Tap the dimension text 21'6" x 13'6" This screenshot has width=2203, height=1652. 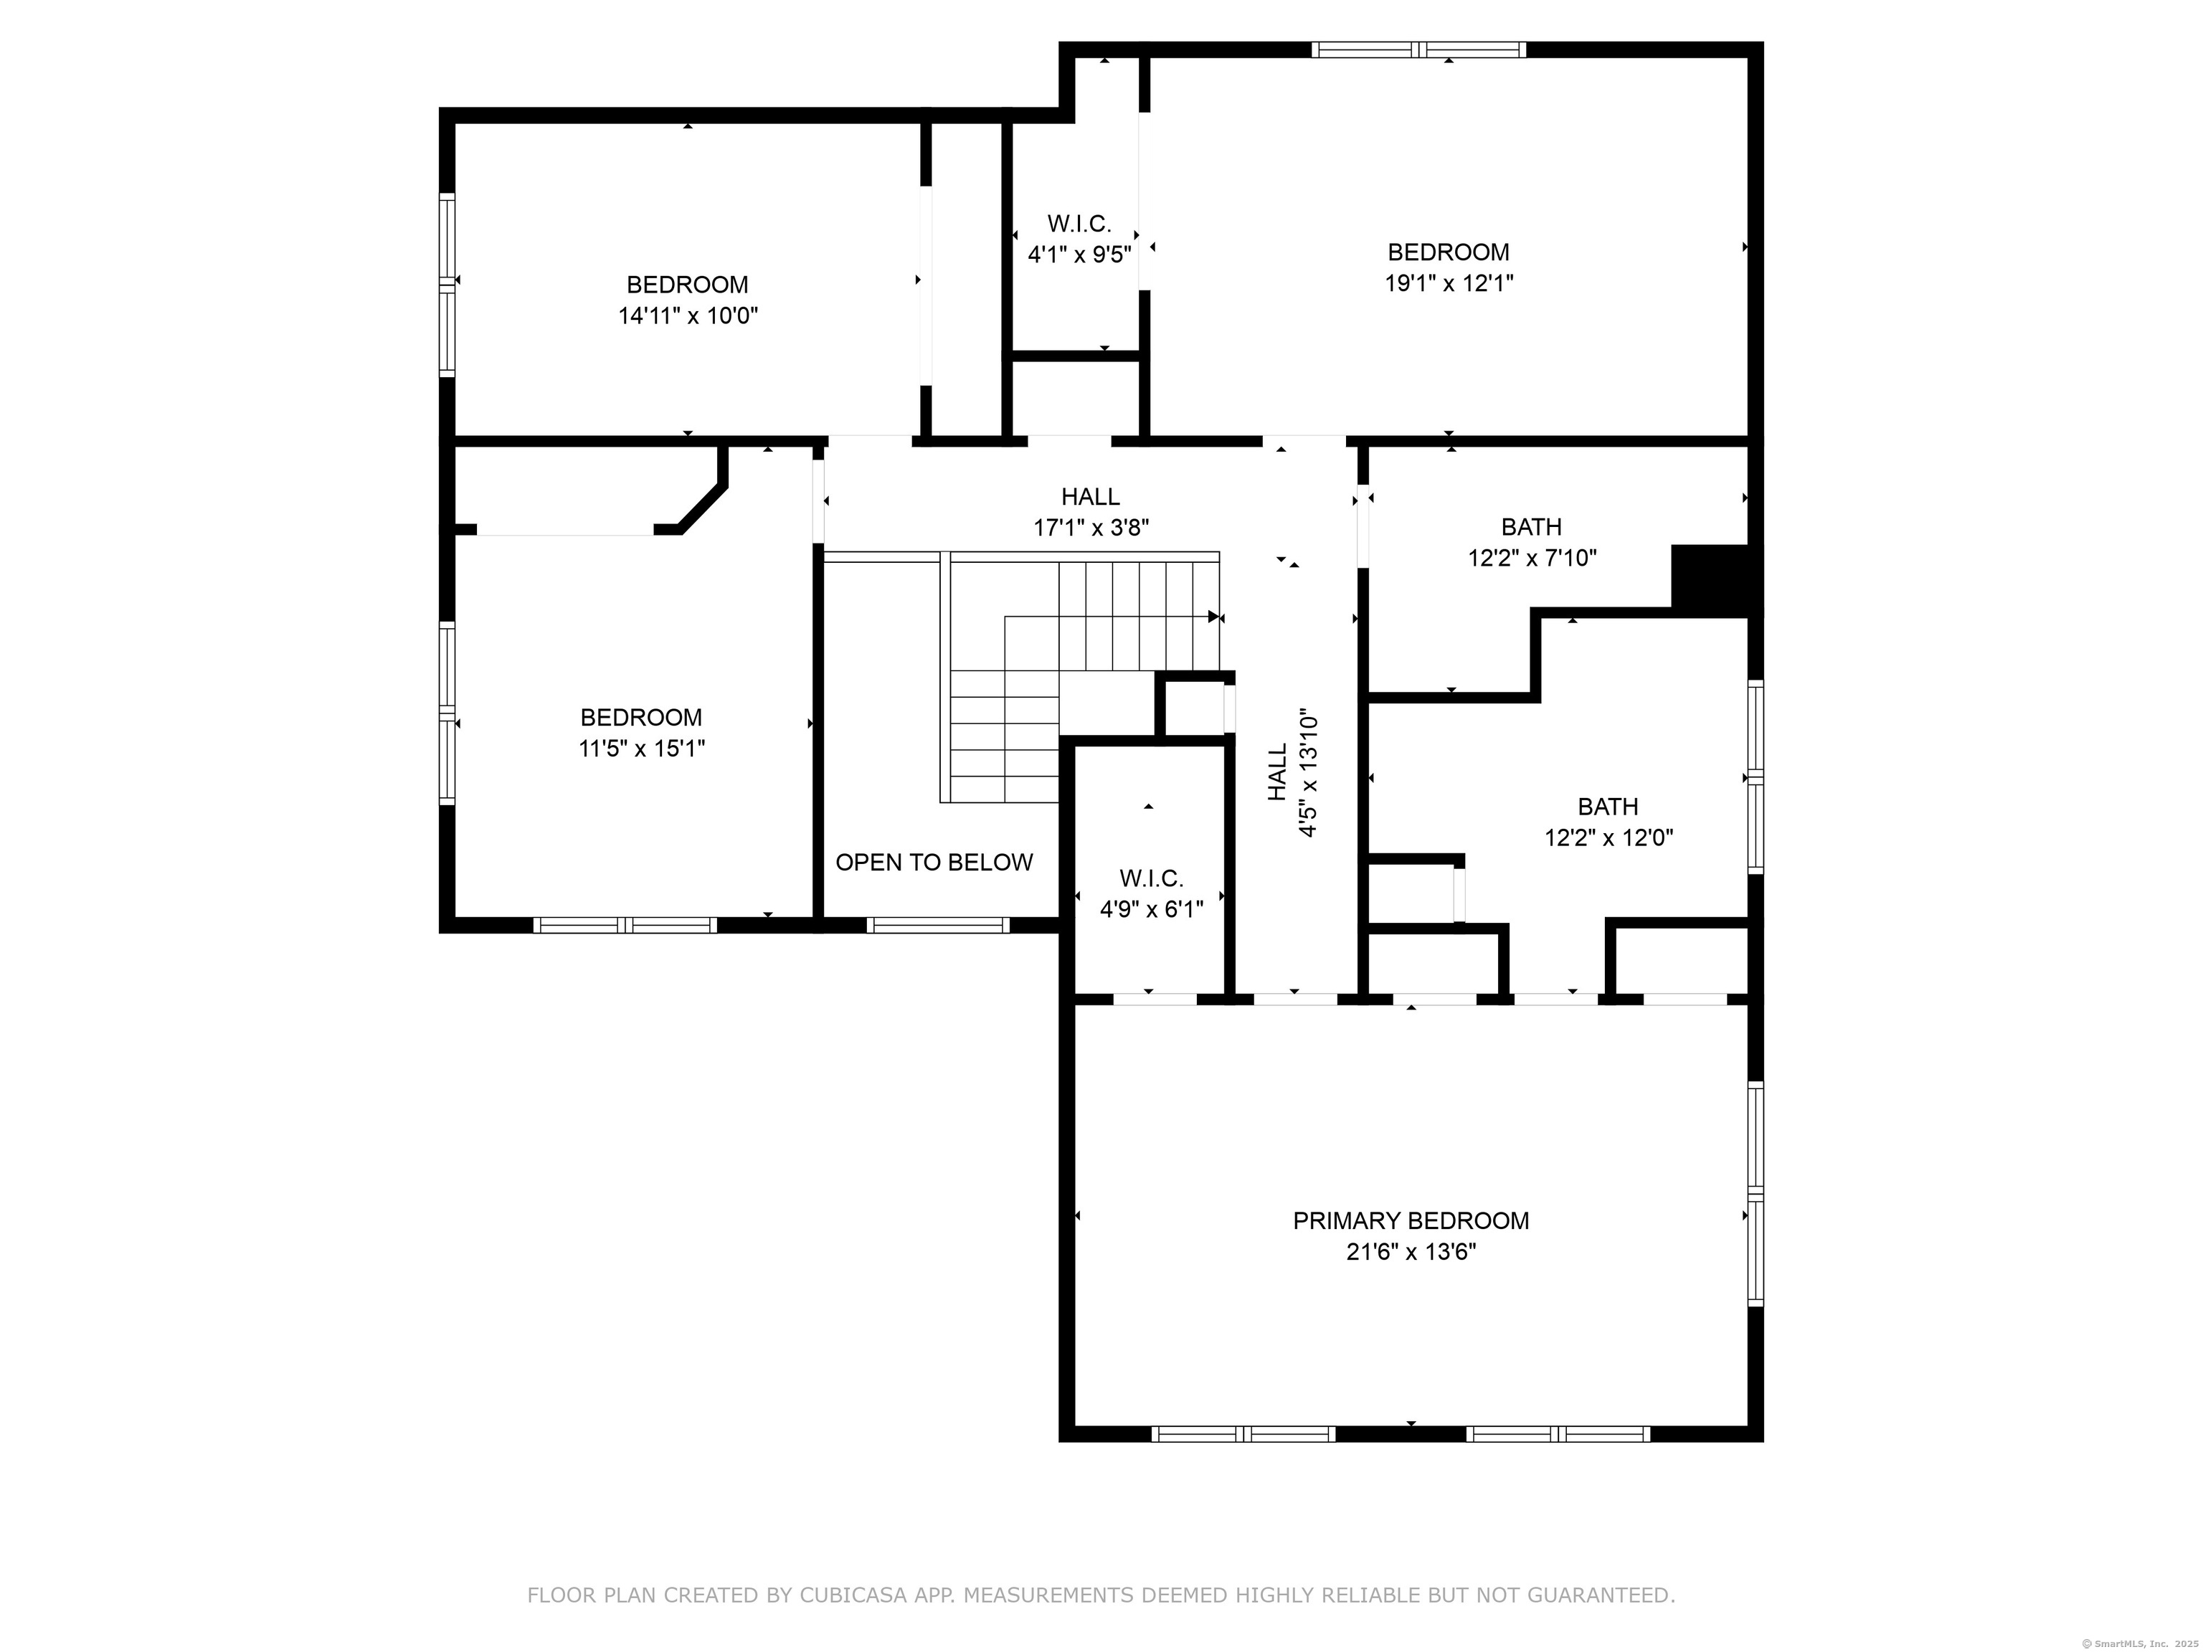(1411, 1252)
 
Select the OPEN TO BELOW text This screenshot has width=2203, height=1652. (934, 863)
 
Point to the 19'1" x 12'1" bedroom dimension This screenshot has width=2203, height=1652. (1449, 283)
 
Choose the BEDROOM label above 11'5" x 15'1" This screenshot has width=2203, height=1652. (641, 717)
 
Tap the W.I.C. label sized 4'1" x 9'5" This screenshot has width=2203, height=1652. (1079, 223)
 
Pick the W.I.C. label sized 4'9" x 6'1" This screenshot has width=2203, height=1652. (1151, 878)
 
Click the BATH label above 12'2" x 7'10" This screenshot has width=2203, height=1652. (1532, 527)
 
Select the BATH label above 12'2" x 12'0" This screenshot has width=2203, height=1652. (1609, 807)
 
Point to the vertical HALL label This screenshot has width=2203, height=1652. (1278, 773)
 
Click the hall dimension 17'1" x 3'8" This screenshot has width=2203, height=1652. (1091, 528)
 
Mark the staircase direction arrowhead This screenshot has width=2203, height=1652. (1214, 617)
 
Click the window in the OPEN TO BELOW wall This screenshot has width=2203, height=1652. (938, 925)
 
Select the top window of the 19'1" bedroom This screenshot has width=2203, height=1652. (1418, 49)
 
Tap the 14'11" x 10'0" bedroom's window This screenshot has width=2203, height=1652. (447, 284)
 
